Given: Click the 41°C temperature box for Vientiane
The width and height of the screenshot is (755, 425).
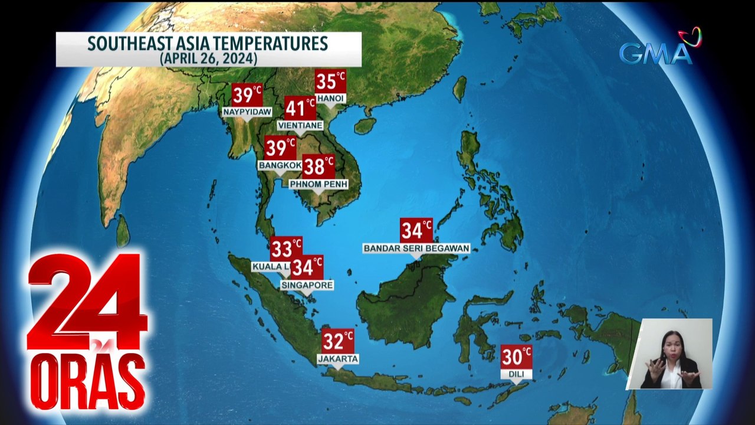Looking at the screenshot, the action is tap(300, 109).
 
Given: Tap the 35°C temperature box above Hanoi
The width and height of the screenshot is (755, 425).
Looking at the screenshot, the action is tap(330, 81).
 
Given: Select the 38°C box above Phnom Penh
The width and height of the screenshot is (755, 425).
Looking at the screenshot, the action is tap(319, 167).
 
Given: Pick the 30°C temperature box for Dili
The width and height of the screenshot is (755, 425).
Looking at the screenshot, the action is tap(517, 357).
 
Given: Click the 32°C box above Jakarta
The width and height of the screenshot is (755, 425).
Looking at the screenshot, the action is tap(338, 341).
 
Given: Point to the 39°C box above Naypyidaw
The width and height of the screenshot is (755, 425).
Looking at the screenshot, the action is tap(247, 95).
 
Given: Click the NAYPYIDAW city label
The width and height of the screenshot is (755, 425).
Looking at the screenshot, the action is tap(247, 112).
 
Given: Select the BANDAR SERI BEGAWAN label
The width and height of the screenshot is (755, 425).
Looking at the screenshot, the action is tap(416, 249).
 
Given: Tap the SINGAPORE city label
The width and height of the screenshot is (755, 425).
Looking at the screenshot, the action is tap(307, 285).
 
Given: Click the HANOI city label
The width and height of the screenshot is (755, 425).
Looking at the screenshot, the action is tap(330, 98).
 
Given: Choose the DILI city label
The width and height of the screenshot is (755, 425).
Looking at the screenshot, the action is tap(517, 374).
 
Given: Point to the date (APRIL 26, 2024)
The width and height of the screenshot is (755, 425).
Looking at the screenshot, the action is tap(208, 58).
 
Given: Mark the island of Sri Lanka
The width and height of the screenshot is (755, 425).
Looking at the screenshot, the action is tap(122, 231).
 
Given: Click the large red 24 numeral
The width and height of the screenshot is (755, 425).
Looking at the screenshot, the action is tap(87, 301).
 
